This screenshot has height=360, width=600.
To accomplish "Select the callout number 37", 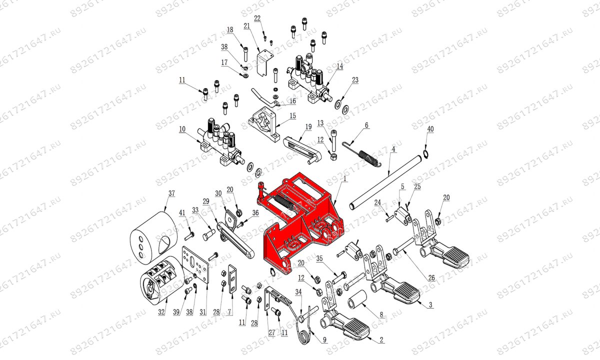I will [171, 193].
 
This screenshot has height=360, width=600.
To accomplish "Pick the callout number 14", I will [339, 66].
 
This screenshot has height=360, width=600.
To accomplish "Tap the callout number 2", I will [381, 340].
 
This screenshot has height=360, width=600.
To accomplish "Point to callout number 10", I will [182, 129].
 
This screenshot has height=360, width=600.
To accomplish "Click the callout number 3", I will [431, 304].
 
